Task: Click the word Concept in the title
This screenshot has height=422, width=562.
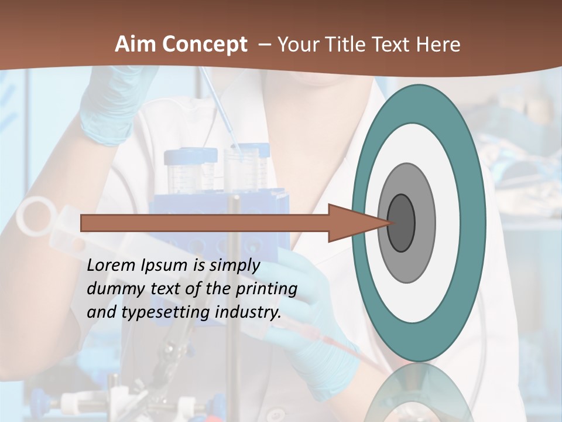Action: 204,45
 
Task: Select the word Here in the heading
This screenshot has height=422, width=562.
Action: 438,45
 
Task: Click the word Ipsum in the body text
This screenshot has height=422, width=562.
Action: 165,265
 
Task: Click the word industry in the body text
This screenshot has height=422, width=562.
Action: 248,312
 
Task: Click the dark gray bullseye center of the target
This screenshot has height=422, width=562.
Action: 401,223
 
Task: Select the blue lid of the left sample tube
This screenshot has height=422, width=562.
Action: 183,156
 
